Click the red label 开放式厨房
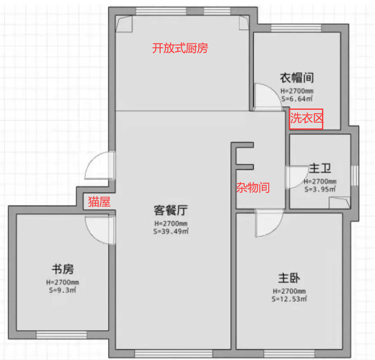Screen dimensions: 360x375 [x=180, y=48]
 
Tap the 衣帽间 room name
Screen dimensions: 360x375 [x=297, y=77]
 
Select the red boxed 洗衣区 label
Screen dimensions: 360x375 [x=306, y=119]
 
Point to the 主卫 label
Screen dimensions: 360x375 [x=320, y=169]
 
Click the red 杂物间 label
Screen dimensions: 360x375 [x=252, y=188]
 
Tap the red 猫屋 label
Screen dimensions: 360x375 [x=99, y=202]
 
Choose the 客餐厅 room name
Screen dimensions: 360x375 [x=171, y=211]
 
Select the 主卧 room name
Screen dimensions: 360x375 [x=289, y=278]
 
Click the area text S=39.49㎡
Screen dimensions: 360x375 [x=171, y=232]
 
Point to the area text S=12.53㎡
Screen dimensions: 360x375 [x=289, y=299]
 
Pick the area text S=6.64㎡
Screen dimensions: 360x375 [x=297, y=99]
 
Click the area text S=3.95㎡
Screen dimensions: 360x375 [x=320, y=189]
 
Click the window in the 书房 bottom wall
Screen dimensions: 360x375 [x=61, y=335]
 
